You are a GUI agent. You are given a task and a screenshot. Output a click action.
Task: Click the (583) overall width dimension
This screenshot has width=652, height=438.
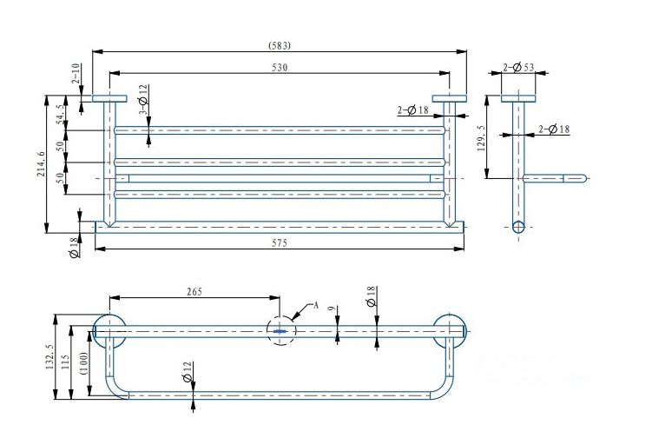[280, 45]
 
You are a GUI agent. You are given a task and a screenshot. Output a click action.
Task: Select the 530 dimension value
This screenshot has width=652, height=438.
[280, 66]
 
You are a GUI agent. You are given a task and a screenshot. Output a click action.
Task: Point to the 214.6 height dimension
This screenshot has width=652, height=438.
[39, 163]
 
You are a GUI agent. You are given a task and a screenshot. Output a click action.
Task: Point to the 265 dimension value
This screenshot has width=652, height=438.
[194, 292]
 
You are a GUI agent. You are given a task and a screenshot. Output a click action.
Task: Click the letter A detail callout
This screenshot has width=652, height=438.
[315, 305]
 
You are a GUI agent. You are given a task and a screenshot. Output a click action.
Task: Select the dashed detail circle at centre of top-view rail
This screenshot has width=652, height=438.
[280, 330]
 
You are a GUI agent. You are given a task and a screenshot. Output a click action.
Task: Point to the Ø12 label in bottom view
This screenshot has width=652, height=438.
[186, 376]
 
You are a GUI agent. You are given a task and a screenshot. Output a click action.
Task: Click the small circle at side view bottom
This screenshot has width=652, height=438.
[518, 227]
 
